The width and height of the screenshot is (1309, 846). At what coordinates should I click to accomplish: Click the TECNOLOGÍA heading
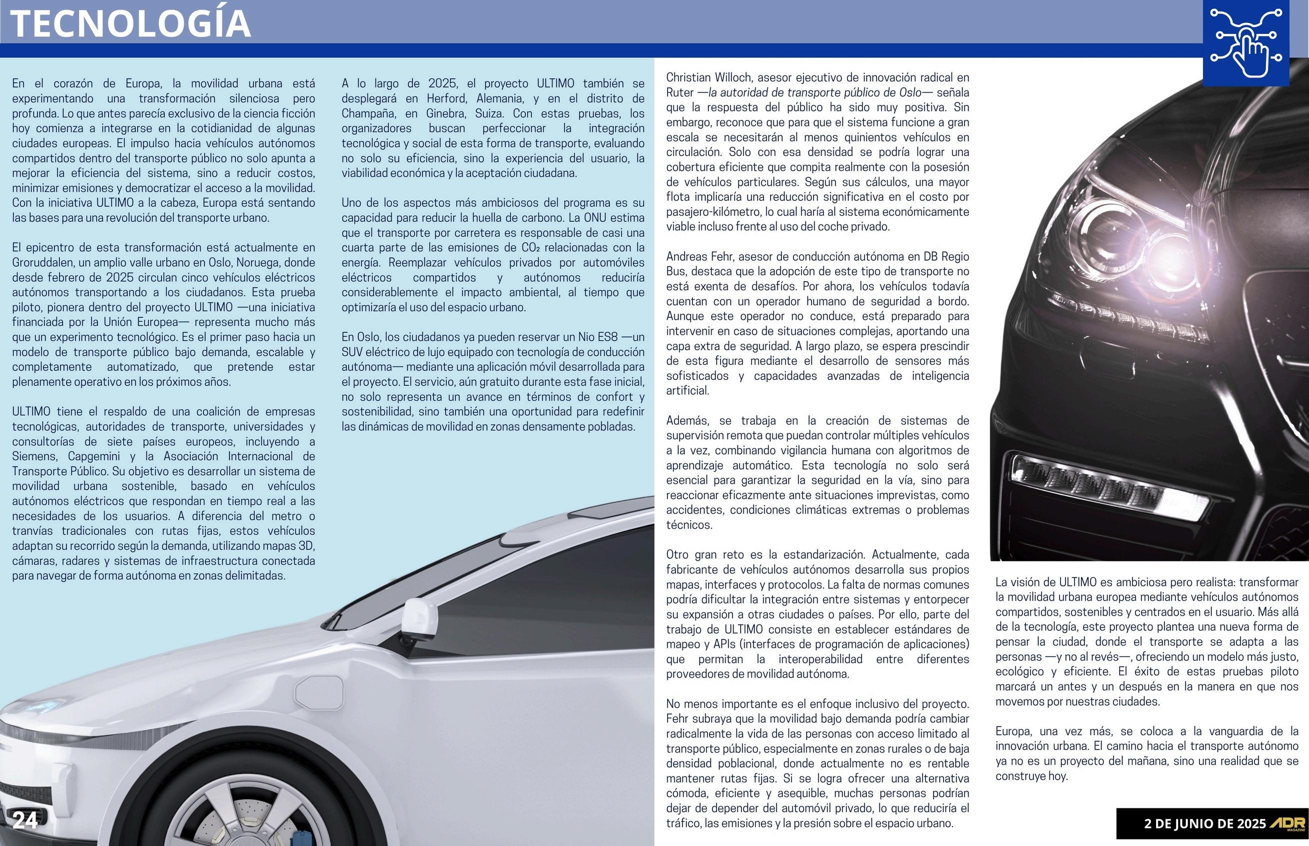(x=131, y=22)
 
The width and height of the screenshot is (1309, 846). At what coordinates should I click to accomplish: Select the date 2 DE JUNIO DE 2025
(x=1204, y=824)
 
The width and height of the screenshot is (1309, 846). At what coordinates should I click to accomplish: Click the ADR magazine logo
(x=1286, y=824)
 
